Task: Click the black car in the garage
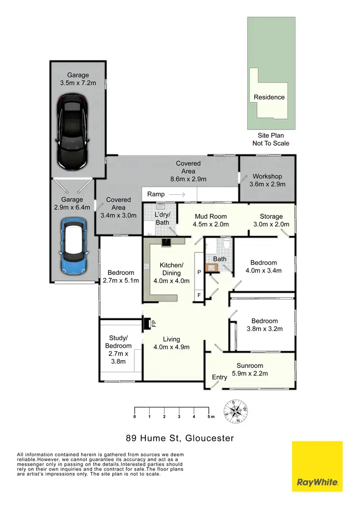(x=72, y=132)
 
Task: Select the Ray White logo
(x=317, y=466)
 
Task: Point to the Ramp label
(x=156, y=194)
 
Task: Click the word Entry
(x=219, y=378)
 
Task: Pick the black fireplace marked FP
(x=146, y=324)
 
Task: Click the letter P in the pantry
(x=199, y=272)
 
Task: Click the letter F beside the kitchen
(x=199, y=295)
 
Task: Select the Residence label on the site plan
(x=269, y=97)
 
